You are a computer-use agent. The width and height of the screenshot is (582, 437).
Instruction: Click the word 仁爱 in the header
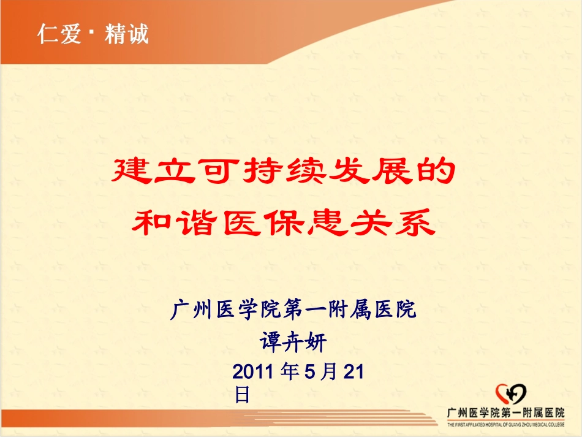pyautogui.click(x=59, y=33)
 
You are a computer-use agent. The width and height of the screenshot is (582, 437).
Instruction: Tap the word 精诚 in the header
pyautogui.click(x=126, y=33)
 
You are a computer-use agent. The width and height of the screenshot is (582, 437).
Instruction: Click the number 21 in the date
pyautogui.click(x=355, y=371)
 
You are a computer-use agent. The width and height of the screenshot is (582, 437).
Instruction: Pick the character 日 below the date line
pyautogui.click(x=243, y=394)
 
